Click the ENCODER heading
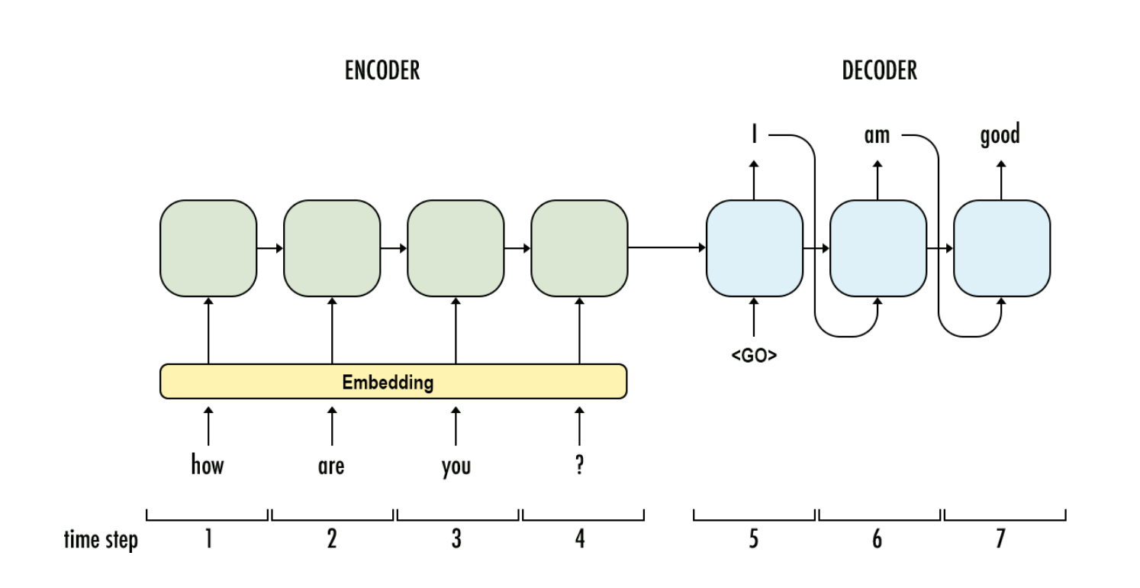(x=382, y=71)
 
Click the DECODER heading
(x=879, y=71)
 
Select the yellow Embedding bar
(x=393, y=381)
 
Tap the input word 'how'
(x=208, y=465)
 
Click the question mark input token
(x=579, y=465)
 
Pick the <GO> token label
(x=754, y=354)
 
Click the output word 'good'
(x=1000, y=136)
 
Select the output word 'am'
(x=877, y=136)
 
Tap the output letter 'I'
(x=754, y=136)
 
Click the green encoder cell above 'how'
(x=208, y=248)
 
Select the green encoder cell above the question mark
(x=579, y=248)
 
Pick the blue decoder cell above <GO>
(x=754, y=248)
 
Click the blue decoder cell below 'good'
(x=1001, y=248)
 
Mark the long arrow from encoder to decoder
(x=666, y=247)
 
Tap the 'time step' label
(x=101, y=541)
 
